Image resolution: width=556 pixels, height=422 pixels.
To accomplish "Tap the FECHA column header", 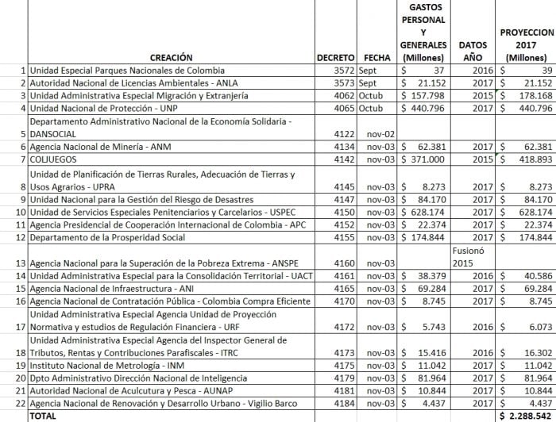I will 377,58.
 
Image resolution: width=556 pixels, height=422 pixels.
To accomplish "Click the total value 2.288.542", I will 526,415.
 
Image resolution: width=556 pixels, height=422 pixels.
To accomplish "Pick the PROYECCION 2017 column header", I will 526,45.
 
